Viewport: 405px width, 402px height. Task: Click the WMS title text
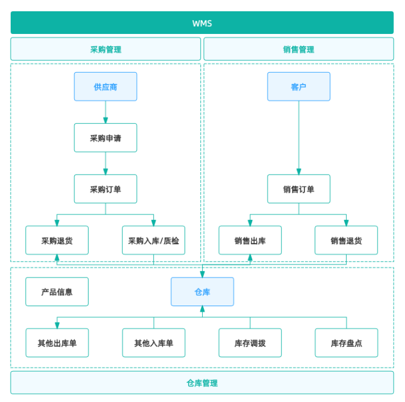point(202,24)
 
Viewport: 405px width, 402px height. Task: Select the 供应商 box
point(105,86)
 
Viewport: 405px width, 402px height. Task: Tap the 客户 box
point(299,86)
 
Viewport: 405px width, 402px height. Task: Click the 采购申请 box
point(105,138)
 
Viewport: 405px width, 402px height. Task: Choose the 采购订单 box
point(105,189)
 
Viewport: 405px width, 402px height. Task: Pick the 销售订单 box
point(299,189)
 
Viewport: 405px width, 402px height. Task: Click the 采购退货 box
point(57,240)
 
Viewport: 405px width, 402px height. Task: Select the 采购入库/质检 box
point(153,240)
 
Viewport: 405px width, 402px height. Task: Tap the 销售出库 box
point(250,240)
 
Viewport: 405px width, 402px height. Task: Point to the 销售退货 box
point(346,240)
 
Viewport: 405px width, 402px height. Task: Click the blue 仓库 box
point(202,292)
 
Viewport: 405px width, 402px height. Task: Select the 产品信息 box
point(57,292)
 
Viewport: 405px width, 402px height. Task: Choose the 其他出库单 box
point(57,343)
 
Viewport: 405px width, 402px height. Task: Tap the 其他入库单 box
point(153,343)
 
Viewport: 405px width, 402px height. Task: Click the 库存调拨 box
point(250,343)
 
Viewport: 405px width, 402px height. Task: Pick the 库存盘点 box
point(346,343)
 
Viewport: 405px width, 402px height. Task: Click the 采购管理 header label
point(106,49)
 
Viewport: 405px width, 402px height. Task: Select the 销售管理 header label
point(299,49)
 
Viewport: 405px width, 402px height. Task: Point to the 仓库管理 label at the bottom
point(202,383)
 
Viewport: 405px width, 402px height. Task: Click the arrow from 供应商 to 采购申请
point(105,113)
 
